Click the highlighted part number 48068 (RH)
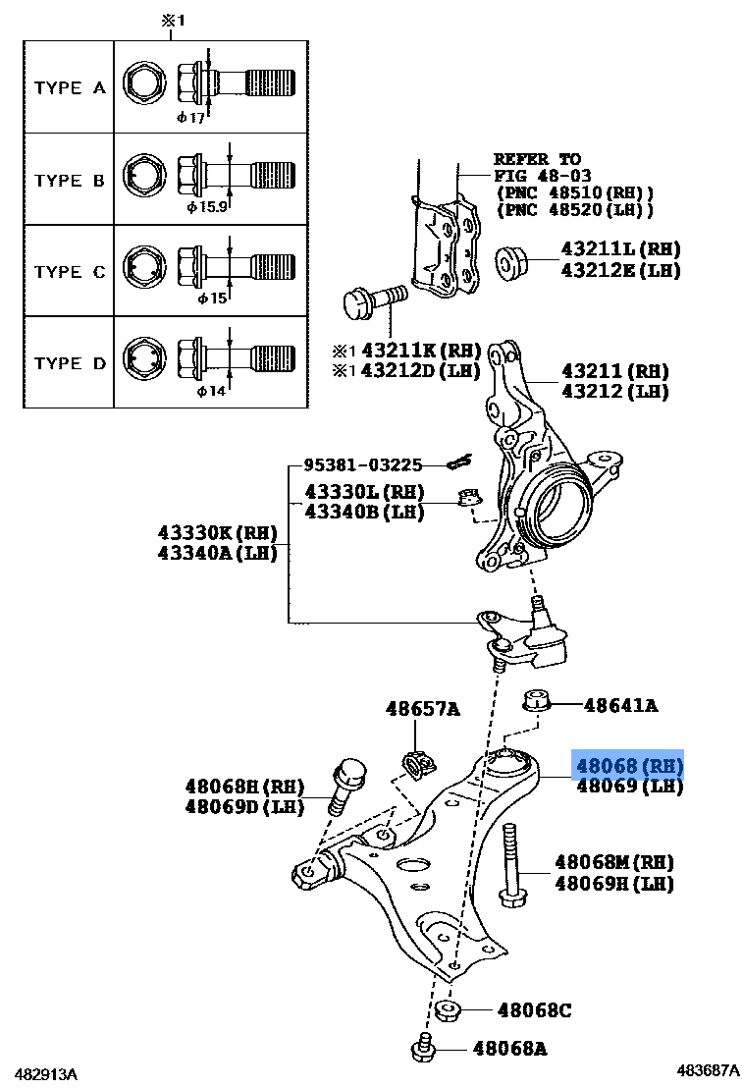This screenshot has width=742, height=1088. click(x=628, y=765)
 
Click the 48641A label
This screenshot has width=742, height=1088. click(x=619, y=705)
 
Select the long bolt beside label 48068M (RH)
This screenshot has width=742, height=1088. click(x=510, y=867)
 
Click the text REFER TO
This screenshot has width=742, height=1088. click(x=537, y=159)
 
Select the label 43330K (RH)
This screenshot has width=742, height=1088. click(x=217, y=533)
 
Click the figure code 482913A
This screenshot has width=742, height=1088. click(x=45, y=1072)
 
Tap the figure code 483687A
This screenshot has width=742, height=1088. click(x=706, y=1070)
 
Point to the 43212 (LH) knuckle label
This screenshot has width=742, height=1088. click(x=614, y=391)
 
